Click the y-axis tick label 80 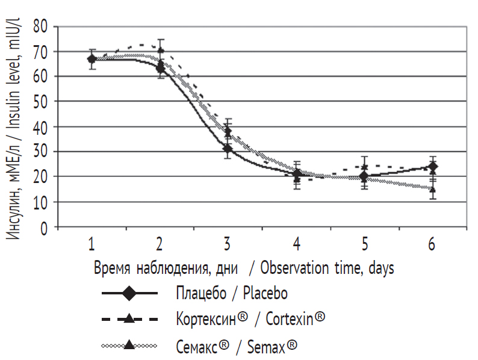point(42,26)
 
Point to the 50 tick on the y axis point(42,101)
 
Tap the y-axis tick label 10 point(42,202)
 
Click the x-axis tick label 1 point(92,244)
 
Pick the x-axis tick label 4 point(297,244)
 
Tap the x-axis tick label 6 point(432,244)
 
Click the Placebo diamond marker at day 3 point(228,148)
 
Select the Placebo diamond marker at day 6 point(432,166)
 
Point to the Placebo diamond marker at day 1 point(92,59)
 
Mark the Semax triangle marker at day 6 point(432,189)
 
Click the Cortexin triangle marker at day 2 point(160,50)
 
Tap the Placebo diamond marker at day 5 point(364,176)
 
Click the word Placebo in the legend point(265,294)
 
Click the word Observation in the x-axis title point(299,268)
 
